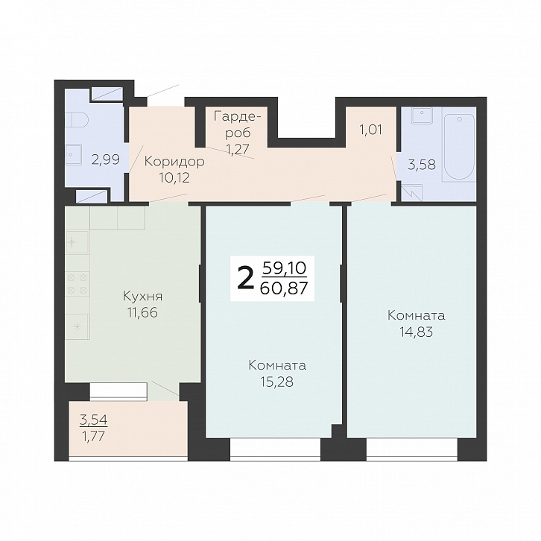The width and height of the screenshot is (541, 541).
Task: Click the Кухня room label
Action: [x=142, y=297]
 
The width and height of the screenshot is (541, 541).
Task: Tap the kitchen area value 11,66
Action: [x=142, y=312]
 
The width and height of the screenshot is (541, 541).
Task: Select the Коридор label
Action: [x=174, y=162]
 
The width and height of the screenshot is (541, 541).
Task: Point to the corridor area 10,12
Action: [x=174, y=177]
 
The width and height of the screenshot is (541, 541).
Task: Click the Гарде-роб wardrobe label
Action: [x=237, y=124]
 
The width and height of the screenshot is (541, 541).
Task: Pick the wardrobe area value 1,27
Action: [x=238, y=149]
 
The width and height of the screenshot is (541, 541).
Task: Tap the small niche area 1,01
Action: [x=371, y=130]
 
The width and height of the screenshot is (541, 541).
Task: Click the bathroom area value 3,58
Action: [x=422, y=165]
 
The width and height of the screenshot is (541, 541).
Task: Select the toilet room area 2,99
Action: [x=106, y=159]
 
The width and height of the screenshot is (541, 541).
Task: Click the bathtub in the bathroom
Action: [x=459, y=148]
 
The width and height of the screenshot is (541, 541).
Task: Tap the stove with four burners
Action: [x=77, y=284]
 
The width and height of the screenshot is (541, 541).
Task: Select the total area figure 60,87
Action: [x=284, y=288]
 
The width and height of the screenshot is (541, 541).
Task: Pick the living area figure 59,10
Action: [x=285, y=268]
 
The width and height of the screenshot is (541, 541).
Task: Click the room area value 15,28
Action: [x=277, y=382]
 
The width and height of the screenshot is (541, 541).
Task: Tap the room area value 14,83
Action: [x=416, y=332]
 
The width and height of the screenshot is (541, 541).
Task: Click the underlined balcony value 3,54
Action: [x=93, y=420]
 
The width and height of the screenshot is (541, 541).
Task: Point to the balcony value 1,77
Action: [x=92, y=437]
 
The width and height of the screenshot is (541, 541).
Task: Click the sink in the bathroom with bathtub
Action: [x=422, y=116]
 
